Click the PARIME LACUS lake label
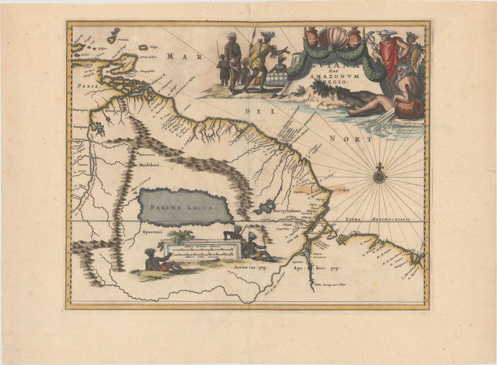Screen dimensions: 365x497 [181, 207]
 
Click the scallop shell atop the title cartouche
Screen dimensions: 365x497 [333, 38]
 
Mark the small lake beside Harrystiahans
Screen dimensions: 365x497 [263, 210]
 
